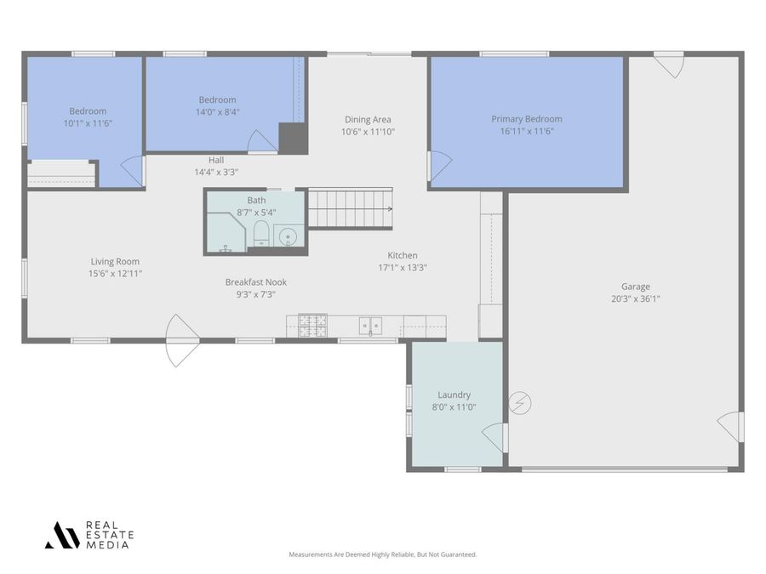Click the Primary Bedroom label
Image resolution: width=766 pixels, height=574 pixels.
(526, 119)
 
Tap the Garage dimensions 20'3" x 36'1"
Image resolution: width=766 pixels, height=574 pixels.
(635, 298)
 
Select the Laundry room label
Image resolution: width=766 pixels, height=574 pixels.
(454, 395)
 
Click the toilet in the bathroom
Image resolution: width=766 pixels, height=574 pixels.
(261, 235)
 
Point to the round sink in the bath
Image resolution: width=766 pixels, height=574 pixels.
(289, 236)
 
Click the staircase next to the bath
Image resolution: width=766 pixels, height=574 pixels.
(349, 208)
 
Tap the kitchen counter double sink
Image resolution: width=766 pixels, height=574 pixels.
(370, 325)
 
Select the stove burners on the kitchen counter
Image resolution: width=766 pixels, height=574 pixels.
(312, 326)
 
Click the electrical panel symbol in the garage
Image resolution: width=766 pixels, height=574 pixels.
(520, 403)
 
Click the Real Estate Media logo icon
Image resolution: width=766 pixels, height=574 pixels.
(62, 535)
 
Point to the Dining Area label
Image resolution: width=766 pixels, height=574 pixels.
(368, 119)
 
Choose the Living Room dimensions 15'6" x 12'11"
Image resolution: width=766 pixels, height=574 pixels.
(115, 274)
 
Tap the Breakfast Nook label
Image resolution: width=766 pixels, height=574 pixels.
(255, 281)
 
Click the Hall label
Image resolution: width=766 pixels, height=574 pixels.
(216, 160)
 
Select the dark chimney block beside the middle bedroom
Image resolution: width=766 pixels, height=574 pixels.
(293, 139)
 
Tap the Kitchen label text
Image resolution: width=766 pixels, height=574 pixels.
(403, 255)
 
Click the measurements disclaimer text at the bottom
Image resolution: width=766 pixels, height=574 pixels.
(382, 554)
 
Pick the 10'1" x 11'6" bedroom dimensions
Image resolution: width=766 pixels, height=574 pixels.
(88, 123)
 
